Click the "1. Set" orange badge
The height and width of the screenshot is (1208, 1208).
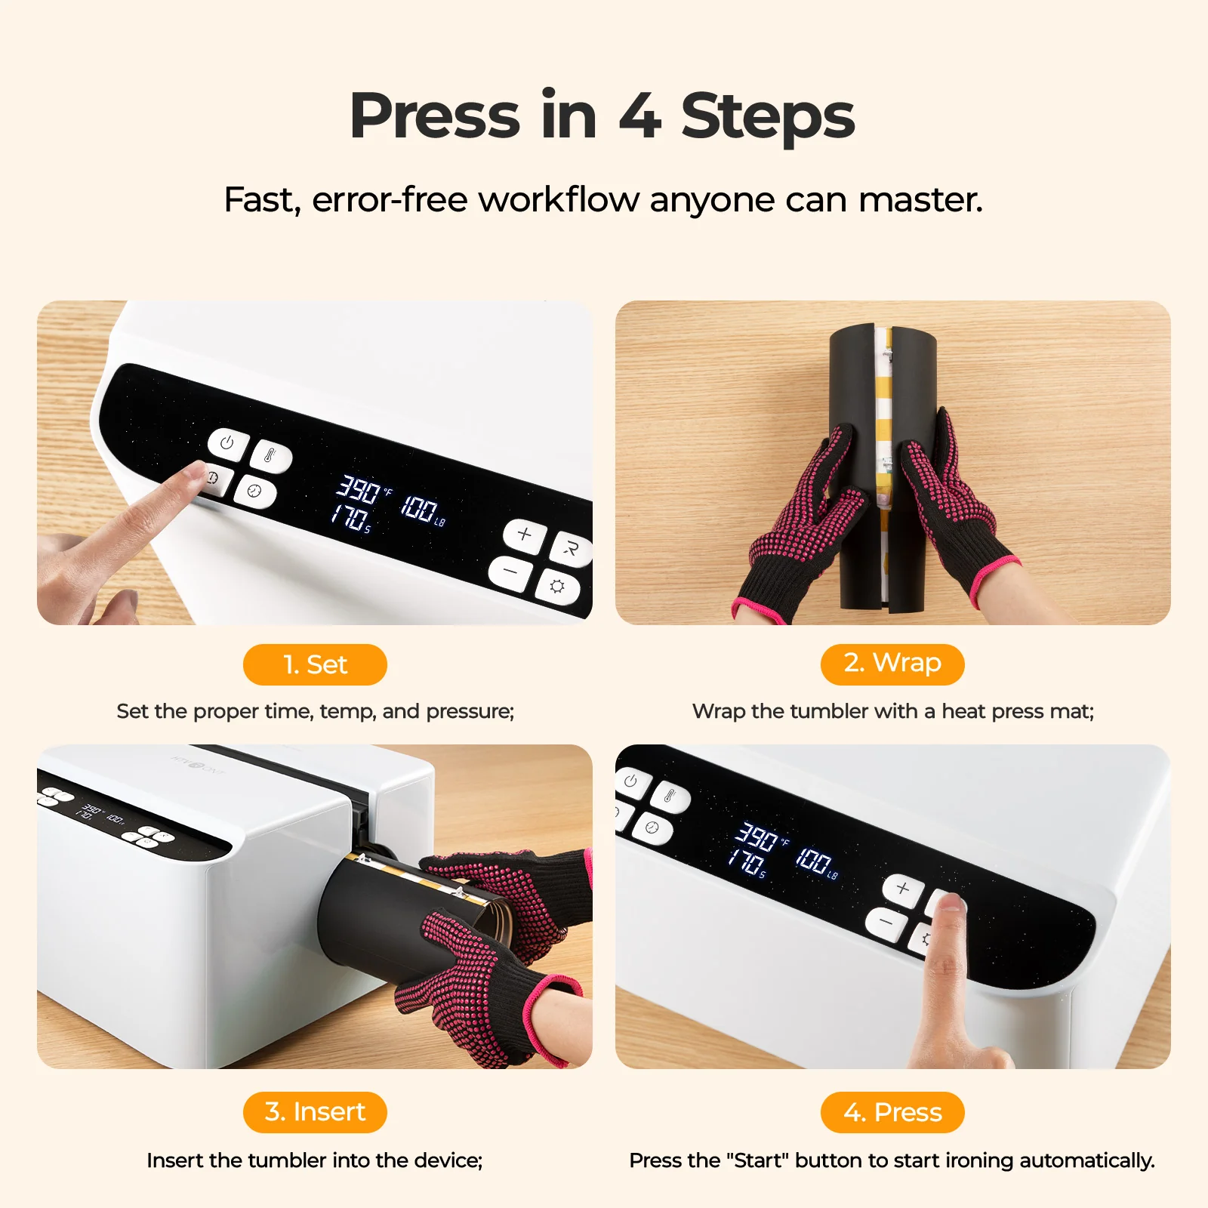pyautogui.click(x=315, y=664)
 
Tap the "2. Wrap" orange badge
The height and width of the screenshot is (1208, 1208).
pyautogui.click(x=892, y=664)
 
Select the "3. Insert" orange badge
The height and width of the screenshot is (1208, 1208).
pyautogui.click(x=315, y=1112)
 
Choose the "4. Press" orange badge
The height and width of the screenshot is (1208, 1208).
pyautogui.click(x=892, y=1112)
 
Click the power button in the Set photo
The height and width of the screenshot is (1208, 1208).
pyautogui.click(x=228, y=443)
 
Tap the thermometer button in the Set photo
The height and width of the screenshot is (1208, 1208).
pyautogui.click(x=271, y=457)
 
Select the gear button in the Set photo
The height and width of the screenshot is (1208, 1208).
pyautogui.click(x=558, y=586)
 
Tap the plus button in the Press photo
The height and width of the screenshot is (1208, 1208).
pyautogui.click(x=903, y=888)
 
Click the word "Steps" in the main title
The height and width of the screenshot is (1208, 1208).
pyautogui.click(x=768, y=116)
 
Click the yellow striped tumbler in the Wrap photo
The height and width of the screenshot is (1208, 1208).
pyautogui.click(x=883, y=423)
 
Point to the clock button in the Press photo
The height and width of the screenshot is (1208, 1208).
pyautogui.click(x=652, y=827)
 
